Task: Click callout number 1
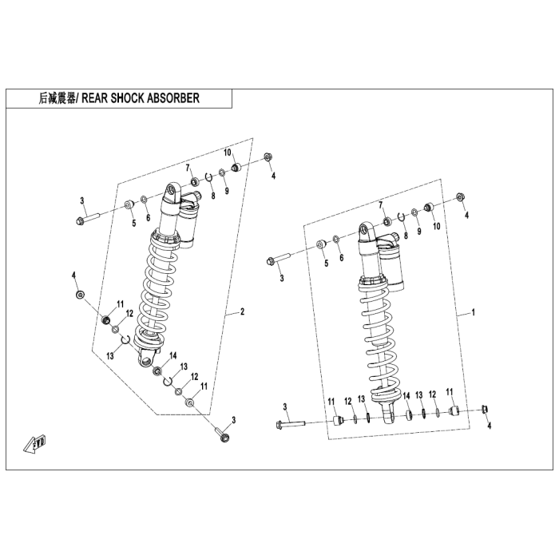point(473,314)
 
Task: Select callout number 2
point(242,312)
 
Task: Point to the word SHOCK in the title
point(129,98)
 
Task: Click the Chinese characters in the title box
point(56,98)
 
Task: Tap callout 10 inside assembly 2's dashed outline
point(227,152)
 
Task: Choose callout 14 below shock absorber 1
point(406,396)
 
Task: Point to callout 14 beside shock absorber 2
point(172,355)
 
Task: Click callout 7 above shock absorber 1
point(381,205)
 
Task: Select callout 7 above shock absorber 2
point(189,167)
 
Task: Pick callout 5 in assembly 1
point(326,263)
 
